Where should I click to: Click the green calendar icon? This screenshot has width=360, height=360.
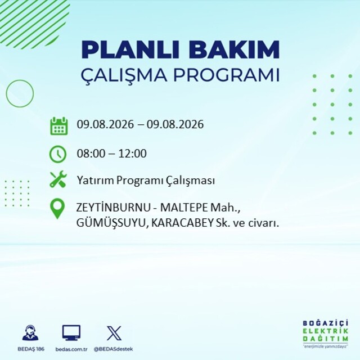pos(59,126)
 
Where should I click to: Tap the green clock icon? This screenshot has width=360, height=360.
pos(58,154)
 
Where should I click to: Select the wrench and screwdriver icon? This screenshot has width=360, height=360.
pos(58,179)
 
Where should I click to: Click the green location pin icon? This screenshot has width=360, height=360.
pos(57,209)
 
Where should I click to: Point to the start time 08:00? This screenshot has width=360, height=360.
pos(91,154)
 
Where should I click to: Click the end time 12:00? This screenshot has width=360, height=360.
pos(133,154)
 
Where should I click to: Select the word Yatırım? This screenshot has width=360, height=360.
pos(95,181)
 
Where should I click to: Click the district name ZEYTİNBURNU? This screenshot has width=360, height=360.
pos(113,208)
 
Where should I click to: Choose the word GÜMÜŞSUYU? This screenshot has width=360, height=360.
pos(111,223)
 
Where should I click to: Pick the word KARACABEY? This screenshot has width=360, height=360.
pos(182,223)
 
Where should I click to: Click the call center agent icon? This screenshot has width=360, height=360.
pos(30,332)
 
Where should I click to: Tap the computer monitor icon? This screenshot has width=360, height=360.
pos(71,332)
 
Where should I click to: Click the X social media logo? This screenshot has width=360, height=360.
pos(114,333)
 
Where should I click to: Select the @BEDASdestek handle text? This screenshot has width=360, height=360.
pos(114,349)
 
